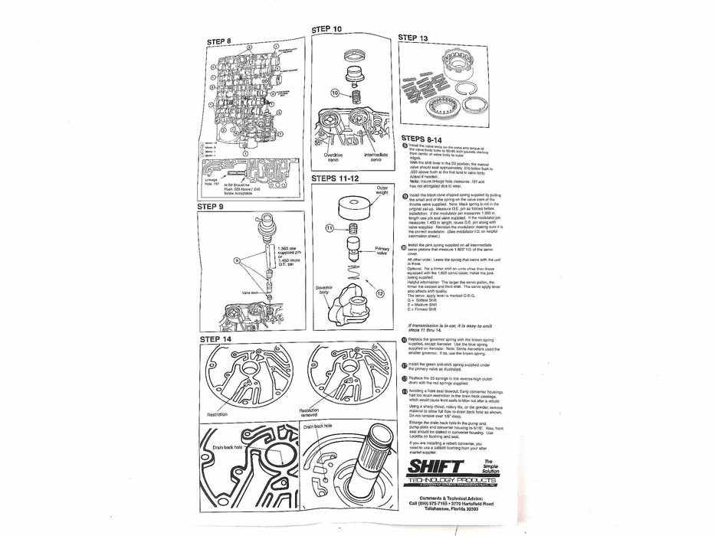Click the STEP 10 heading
point(327,29)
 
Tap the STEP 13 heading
point(415,38)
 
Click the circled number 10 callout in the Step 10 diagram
point(334,93)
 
